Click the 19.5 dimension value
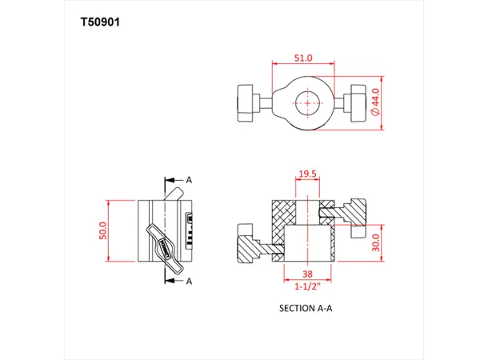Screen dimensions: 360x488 coord(308,174)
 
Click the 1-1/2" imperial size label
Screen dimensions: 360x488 coord(308,286)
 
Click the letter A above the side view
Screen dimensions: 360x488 coord(190,180)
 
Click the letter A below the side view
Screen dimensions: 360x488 coord(190,281)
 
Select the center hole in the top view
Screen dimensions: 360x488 coord(308,102)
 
